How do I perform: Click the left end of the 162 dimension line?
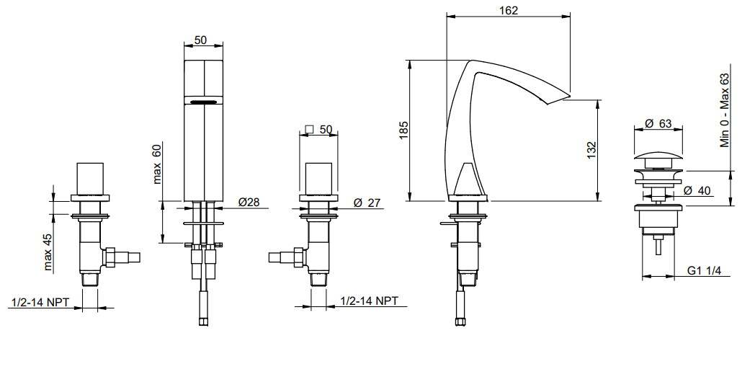(x=447, y=17)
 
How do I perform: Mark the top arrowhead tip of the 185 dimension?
(x=410, y=61)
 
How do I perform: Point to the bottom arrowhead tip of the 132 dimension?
(x=597, y=201)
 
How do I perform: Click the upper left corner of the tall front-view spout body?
(x=184, y=61)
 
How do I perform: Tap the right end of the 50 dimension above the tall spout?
(x=223, y=46)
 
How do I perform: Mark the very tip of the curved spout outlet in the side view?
(x=570, y=96)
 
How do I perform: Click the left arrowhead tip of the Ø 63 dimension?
(x=635, y=129)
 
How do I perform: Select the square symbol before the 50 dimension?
(x=309, y=129)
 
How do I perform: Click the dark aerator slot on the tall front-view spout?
(x=204, y=102)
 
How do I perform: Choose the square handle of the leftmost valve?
(x=91, y=179)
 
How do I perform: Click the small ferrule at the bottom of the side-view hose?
(x=461, y=321)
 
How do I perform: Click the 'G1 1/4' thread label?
(x=703, y=271)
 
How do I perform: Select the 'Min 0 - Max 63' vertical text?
(x=725, y=110)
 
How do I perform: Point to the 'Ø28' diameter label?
(x=249, y=203)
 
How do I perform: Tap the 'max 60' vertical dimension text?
(x=157, y=164)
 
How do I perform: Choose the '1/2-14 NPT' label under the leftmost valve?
(x=40, y=302)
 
